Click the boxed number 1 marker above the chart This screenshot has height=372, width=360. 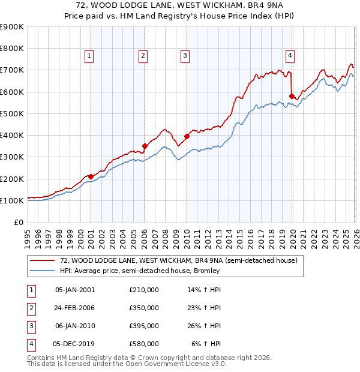89,56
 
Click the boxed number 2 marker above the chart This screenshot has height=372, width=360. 143,56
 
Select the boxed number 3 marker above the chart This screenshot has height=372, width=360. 185,56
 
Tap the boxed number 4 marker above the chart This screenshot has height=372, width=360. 290,56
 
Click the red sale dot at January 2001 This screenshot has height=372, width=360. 91,176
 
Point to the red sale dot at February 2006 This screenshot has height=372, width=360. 145,146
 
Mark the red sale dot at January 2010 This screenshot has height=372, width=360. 187,136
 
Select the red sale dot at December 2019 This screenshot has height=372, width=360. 292,96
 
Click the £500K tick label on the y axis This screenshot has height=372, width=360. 12,113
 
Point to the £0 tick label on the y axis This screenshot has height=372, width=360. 18,222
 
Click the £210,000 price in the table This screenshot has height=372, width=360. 143,290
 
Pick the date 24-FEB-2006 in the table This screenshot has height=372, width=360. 74,308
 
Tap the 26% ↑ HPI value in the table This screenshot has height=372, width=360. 204,326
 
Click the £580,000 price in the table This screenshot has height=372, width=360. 143,344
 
